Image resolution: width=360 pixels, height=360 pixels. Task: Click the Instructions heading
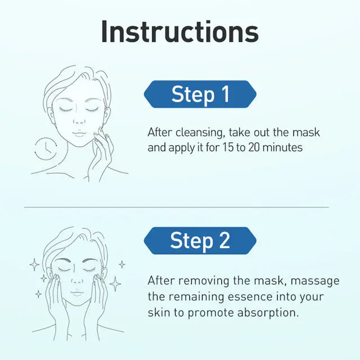(180, 31)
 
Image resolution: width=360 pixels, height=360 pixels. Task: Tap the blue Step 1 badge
(200, 94)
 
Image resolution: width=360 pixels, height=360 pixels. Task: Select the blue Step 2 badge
(200, 241)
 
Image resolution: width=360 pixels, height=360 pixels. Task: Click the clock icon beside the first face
(46, 148)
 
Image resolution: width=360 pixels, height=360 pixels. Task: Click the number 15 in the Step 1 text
(228, 147)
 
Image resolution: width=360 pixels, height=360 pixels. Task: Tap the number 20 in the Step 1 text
(254, 147)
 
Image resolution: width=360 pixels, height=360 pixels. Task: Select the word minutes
(282, 147)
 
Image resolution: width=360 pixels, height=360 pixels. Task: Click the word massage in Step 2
(315, 281)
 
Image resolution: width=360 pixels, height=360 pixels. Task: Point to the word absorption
(268, 313)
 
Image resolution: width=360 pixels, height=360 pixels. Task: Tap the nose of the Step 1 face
(79, 121)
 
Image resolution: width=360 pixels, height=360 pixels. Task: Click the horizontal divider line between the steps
(176, 207)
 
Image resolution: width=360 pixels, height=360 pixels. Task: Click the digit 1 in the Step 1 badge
(226, 94)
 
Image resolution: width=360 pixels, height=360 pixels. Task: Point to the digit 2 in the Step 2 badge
(224, 240)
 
